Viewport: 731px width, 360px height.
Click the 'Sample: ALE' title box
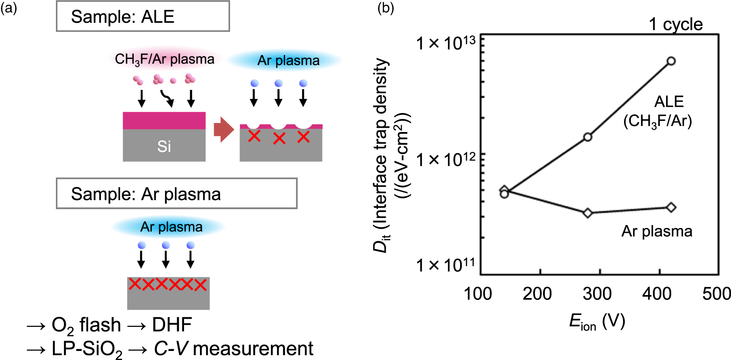(143, 17)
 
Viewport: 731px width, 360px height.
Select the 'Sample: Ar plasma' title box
(176, 194)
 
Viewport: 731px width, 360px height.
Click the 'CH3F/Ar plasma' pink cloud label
(165, 59)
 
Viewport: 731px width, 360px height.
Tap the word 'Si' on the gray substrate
(164, 146)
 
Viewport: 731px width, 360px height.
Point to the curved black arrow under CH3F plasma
(167, 98)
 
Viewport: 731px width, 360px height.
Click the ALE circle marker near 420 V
(671, 61)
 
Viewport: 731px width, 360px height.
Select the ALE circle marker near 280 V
(588, 137)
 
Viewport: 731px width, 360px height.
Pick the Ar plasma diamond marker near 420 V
(671, 207)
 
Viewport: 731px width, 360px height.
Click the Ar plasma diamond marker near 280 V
(588, 213)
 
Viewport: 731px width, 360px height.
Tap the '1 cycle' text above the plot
(676, 25)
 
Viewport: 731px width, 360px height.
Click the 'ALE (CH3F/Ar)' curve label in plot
(658, 112)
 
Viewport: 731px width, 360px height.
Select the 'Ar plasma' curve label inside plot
(657, 231)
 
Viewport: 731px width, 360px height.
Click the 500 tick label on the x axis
(716, 294)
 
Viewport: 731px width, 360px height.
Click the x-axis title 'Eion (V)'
(597, 322)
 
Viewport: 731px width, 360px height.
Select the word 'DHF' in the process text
(172, 325)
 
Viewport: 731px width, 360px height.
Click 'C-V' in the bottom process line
(171, 349)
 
